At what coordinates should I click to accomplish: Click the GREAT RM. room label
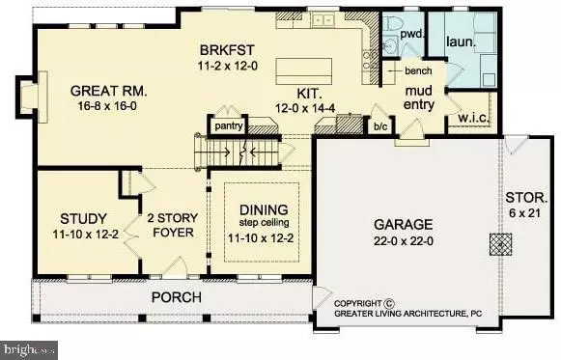109,92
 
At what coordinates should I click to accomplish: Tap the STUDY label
75,217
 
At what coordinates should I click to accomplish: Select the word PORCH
175,295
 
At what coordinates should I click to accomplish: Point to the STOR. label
525,206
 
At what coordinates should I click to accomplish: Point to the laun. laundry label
461,42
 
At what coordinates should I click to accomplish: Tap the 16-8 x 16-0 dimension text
109,109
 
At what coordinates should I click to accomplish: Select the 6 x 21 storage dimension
525,222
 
